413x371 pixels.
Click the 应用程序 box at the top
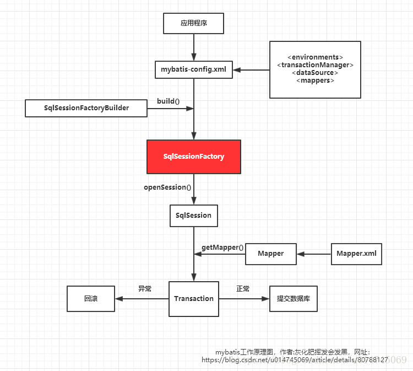tap(193, 24)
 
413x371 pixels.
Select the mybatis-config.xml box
tap(193, 69)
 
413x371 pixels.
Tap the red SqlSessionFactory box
tap(193, 157)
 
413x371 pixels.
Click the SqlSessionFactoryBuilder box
tap(86, 108)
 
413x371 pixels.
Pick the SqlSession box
tap(193, 216)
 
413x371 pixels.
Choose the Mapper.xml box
tap(356, 254)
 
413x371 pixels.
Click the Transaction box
tap(193, 299)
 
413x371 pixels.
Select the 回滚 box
tap(91, 299)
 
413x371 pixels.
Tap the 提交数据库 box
tap(293, 299)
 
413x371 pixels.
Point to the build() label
tap(168, 101)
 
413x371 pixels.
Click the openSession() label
tap(167, 187)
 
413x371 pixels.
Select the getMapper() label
tap(222, 248)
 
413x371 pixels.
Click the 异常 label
tap(145, 288)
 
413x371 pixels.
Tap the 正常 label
tap(243, 288)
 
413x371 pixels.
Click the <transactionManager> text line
tap(315, 65)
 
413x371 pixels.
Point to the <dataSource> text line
tap(315, 73)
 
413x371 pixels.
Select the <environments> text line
tap(315, 57)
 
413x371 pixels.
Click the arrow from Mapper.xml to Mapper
tap(314, 254)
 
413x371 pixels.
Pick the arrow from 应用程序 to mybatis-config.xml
tap(193, 46)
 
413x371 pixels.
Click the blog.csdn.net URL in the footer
tap(295, 359)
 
